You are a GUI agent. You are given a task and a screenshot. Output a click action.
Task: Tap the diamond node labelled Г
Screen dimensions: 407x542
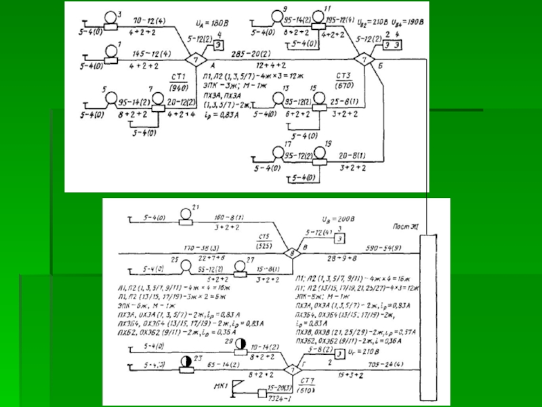[290, 371]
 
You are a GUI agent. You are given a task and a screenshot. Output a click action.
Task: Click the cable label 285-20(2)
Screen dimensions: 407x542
[232, 52]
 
